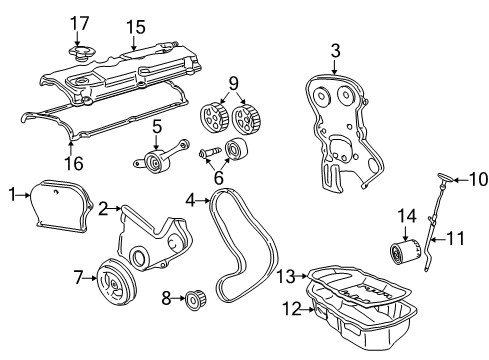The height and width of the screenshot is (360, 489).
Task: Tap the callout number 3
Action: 336,49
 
